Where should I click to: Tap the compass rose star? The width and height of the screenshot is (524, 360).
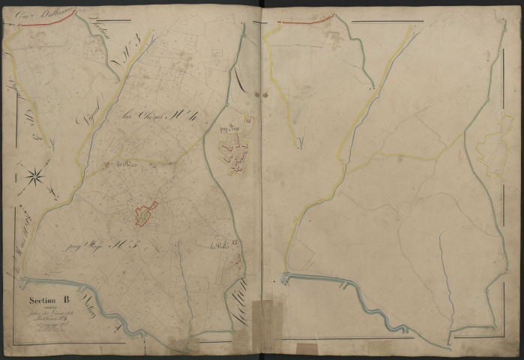pos(34,177)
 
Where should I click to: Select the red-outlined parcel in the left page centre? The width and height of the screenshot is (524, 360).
pos(145,214)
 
